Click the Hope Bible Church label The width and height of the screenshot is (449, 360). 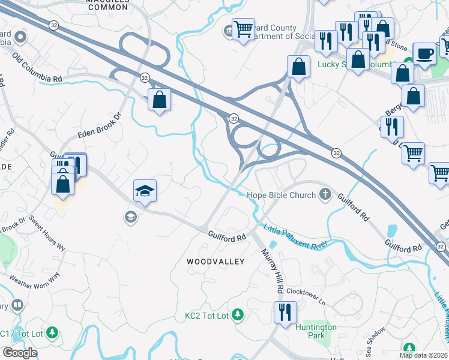281,195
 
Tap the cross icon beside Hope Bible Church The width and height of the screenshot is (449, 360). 325,194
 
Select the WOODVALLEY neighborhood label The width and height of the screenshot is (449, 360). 215,262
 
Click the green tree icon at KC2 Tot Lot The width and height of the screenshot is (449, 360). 238,314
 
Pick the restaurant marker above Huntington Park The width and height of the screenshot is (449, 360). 285,312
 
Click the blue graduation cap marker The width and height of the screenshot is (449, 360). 145,190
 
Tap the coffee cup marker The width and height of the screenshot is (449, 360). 424,53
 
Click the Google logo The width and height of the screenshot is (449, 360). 19,352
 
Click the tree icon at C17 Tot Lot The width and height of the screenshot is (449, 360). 52,332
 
